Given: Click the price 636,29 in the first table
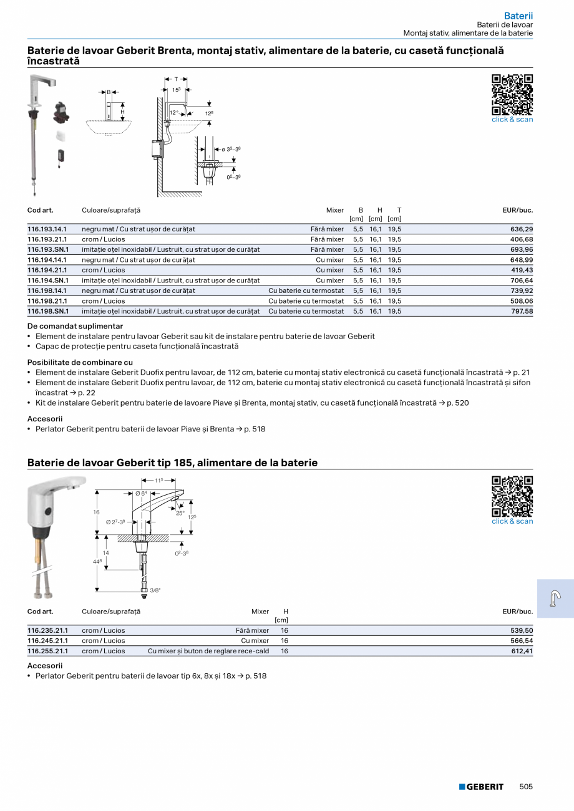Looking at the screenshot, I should [x=522, y=229].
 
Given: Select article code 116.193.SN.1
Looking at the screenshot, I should [x=48, y=250].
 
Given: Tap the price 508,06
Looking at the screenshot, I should [x=522, y=301].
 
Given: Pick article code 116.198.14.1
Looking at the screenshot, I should [x=47, y=291].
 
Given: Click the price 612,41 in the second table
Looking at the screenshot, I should [x=522, y=651].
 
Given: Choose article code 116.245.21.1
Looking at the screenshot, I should [x=47, y=641].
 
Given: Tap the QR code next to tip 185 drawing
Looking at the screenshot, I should [x=512, y=496].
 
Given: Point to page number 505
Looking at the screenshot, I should [x=526, y=787].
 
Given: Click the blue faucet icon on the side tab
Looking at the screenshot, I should [x=555, y=598].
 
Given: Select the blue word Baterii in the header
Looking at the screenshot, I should [x=518, y=16].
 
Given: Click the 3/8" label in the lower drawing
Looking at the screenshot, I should [x=155, y=590].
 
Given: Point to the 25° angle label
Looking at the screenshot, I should [x=180, y=513].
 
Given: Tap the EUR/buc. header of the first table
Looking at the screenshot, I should [x=517, y=211].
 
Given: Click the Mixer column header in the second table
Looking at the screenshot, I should [x=260, y=612].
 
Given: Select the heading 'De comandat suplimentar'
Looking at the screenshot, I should [x=75, y=326].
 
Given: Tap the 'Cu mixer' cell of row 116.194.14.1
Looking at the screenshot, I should [x=329, y=260].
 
